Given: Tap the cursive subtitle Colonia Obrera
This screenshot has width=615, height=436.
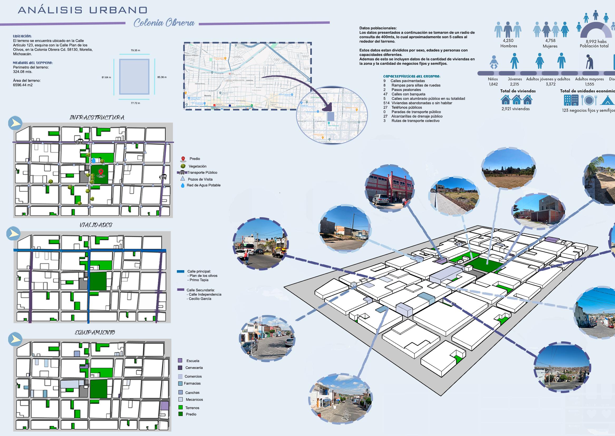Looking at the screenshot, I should pyautogui.click(x=164, y=23).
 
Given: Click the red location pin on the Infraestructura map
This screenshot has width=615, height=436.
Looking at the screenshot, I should pyautogui.click(x=101, y=172).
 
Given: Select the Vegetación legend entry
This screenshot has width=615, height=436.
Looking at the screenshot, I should pyautogui.click(x=197, y=166).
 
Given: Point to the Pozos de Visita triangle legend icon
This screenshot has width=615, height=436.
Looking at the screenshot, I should pyautogui.click(x=183, y=179).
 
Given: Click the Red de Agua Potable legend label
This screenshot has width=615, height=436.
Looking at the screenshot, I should pyautogui.click(x=204, y=185).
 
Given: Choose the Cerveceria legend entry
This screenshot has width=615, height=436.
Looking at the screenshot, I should pyautogui.click(x=194, y=368).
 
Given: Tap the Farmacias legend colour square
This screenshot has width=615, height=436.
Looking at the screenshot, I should pyautogui.click(x=180, y=383).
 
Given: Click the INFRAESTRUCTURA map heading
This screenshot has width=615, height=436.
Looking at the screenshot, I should pyautogui.click(x=97, y=118).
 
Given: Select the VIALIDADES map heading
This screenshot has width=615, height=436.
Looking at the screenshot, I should pyautogui.click(x=96, y=225).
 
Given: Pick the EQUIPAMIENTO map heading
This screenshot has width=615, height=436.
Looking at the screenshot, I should pyautogui.click(x=95, y=333).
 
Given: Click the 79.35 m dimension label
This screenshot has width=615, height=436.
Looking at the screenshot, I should pyautogui.click(x=135, y=50).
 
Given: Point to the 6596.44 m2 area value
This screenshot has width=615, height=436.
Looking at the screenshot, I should pyautogui.click(x=23, y=85).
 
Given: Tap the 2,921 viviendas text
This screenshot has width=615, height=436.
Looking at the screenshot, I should pyautogui.click(x=515, y=109).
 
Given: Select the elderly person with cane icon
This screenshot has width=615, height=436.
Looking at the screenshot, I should pyautogui.click(x=589, y=62).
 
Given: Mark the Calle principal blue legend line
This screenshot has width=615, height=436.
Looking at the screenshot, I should pyautogui.click(x=180, y=272).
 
